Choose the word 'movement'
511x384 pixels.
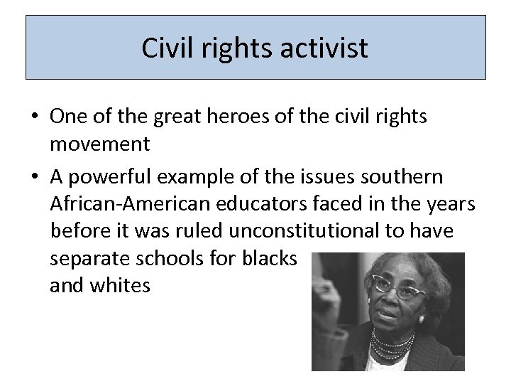pos(100,144)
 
